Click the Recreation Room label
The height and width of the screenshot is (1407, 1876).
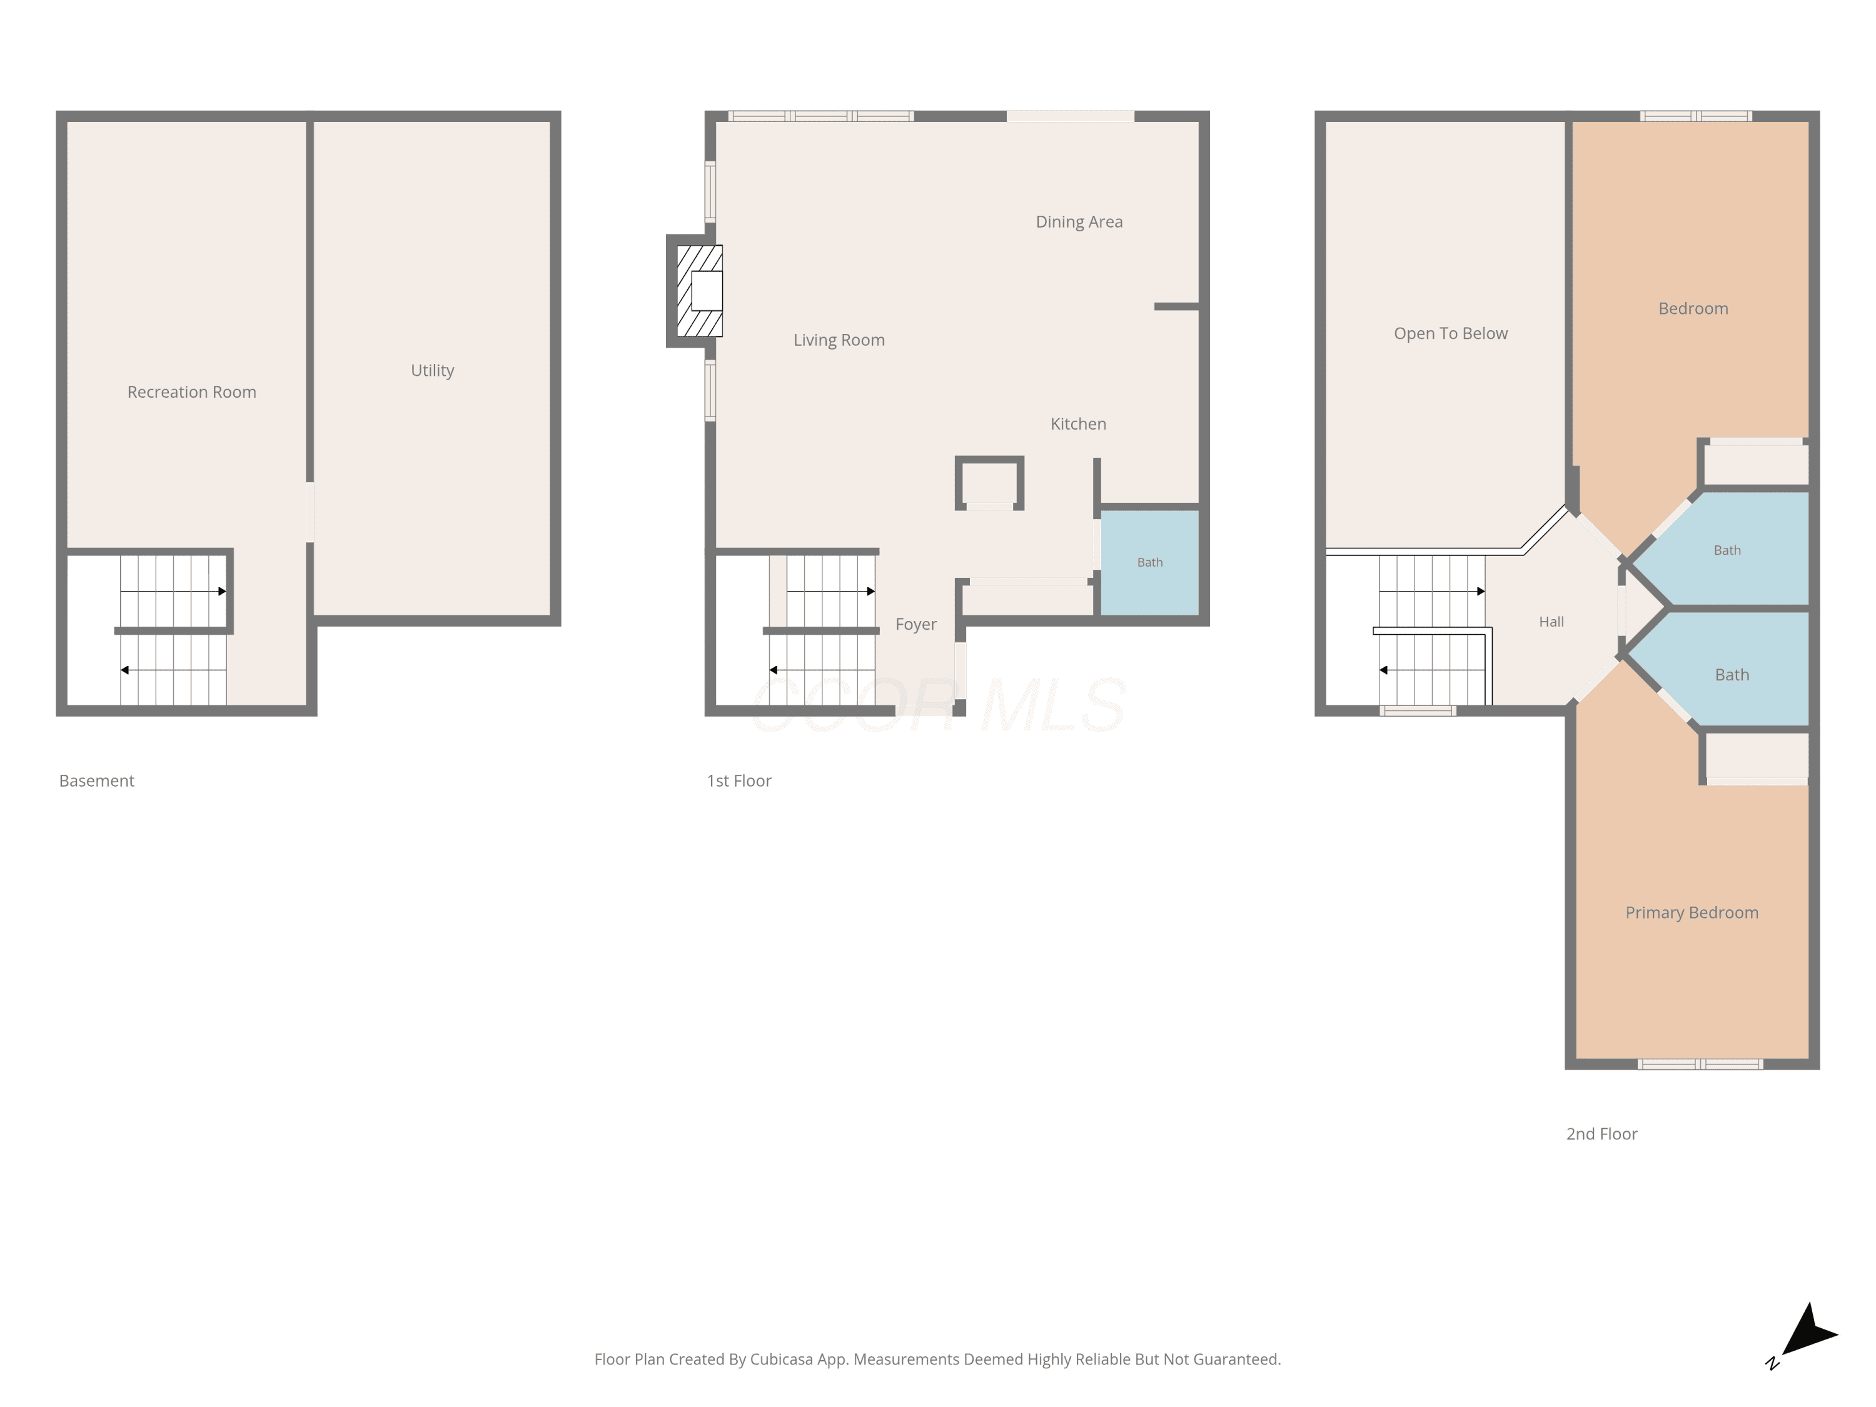click(192, 392)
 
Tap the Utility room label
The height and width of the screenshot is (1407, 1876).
click(433, 371)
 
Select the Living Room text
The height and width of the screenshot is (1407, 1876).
click(839, 340)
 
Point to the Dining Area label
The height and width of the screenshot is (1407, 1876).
click(1079, 222)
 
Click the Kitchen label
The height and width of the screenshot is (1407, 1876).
click(1078, 424)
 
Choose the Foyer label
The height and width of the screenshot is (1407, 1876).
click(916, 624)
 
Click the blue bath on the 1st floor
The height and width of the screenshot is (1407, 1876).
click(1149, 562)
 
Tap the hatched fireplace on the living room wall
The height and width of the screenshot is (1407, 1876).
click(700, 291)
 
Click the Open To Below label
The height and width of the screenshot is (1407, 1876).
click(1450, 334)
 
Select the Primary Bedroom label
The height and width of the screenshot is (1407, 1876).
click(1691, 912)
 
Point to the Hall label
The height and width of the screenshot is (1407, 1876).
click(1551, 622)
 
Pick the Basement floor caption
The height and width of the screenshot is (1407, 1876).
click(97, 781)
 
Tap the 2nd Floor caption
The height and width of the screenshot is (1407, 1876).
click(1601, 1134)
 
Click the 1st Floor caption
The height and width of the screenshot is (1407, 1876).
click(739, 781)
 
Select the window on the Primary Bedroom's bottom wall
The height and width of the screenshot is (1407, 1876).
click(1700, 1064)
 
